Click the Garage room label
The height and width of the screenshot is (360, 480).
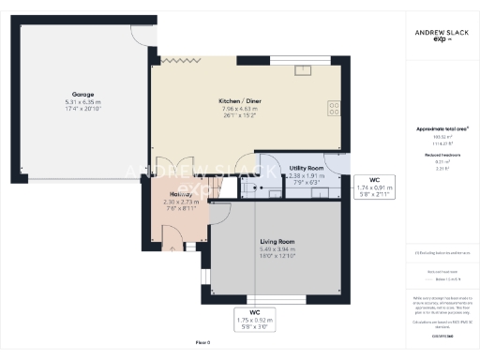coord(81,94)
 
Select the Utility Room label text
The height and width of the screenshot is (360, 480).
coord(307,166)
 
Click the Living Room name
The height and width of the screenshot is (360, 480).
coord(277,242)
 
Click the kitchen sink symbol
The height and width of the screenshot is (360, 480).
coord(305,70)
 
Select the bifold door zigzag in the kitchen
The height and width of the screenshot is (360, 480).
coord(176,59)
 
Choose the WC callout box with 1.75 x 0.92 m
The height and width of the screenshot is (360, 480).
coord(254,319)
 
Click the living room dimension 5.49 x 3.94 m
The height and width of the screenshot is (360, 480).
coord(277,249)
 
